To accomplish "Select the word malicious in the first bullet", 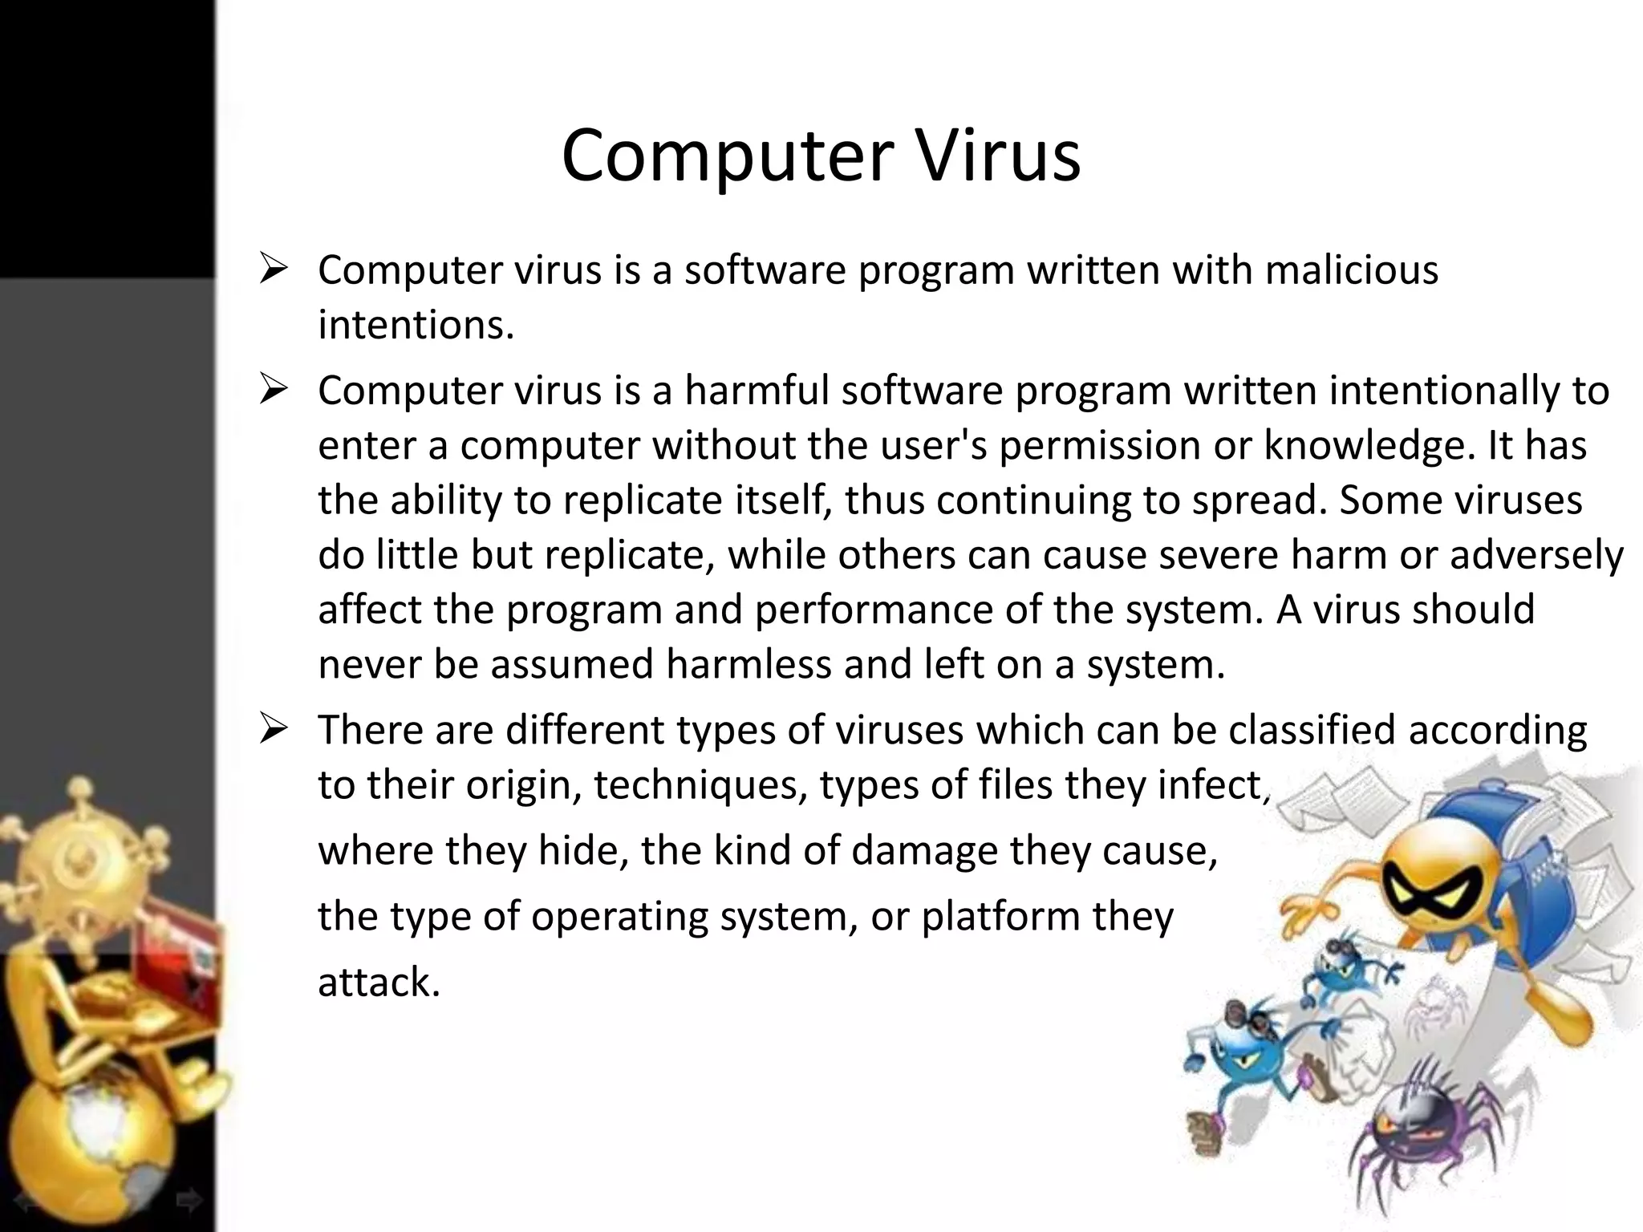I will pos(1352,270).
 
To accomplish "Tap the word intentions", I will pos(416,325).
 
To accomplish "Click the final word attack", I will pos(379,983).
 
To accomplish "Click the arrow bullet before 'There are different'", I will pos(274,731).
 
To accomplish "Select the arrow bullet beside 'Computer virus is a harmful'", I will pos(274,391).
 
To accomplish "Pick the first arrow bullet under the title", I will pos(274,270).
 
